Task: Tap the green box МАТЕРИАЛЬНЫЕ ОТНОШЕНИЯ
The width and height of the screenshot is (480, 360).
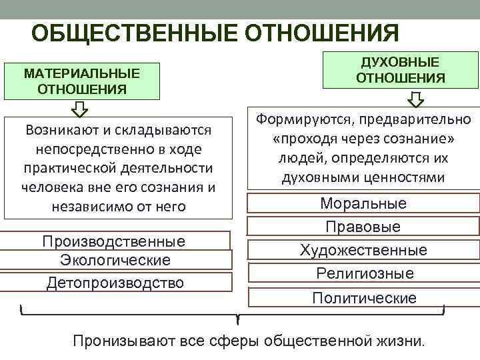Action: pyautogui.click(x=82, y=80)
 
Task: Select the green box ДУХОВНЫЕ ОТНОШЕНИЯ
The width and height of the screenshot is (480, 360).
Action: pyautogui.click(x=400, y=70)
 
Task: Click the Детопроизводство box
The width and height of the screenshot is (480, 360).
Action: pyautogui.click(x=115, y=283)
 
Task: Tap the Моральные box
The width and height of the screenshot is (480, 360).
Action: pyautogui.click(x=363, y=203)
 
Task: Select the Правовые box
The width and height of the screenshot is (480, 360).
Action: pyautogui.click(x=363, y=227)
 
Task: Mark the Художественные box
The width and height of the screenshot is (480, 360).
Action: pyautogui.click(x=363, y=250)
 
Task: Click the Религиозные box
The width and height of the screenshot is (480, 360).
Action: pyautogui.click(x=363, y=273)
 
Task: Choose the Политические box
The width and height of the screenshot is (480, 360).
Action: pyautogui.click(x=363, y=297)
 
